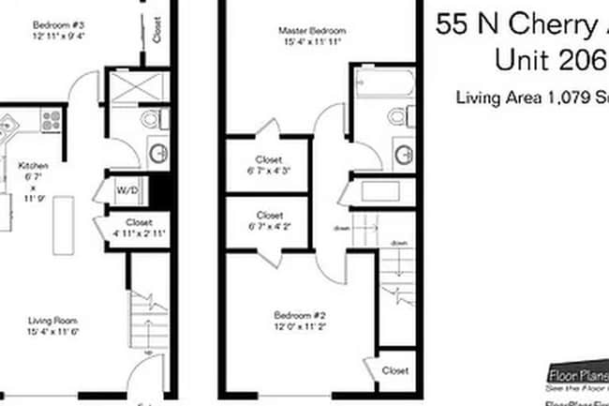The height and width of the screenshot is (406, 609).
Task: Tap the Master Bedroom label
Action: pyautogui.click(x=300, y=31)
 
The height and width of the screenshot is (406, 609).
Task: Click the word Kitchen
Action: pyautogui.click(x=33, y=166)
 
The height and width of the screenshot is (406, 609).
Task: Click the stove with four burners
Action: pyautogui.click(x=50, y=119)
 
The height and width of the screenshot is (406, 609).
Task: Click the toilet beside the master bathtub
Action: pyautogui.click(x=398, y=117)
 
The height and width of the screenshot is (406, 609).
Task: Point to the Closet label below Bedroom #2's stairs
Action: pyautogui.click(x=394, y=370)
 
